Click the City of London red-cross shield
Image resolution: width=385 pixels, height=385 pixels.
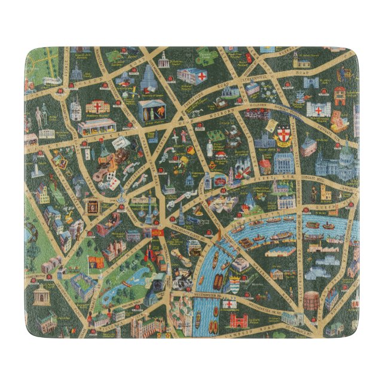coord(283,135)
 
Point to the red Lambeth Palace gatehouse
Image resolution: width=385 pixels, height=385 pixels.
coord(238,321)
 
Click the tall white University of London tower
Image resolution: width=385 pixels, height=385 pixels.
coord(148,78)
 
